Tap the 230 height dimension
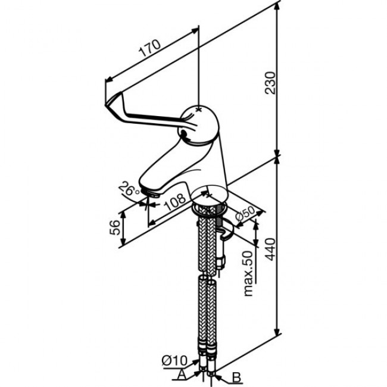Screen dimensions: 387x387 pos(270,84)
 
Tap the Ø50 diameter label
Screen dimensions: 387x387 pos(245,215)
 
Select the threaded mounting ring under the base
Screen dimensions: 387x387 pos(210,211)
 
